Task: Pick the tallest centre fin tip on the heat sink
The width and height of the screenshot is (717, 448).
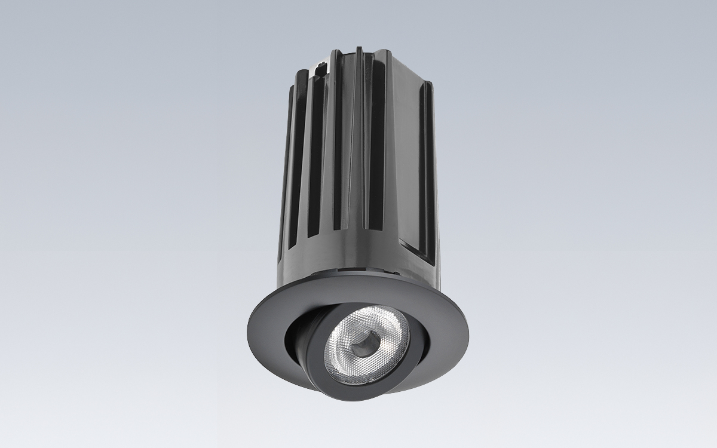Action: pyautogui.click(x=358, y=51)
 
